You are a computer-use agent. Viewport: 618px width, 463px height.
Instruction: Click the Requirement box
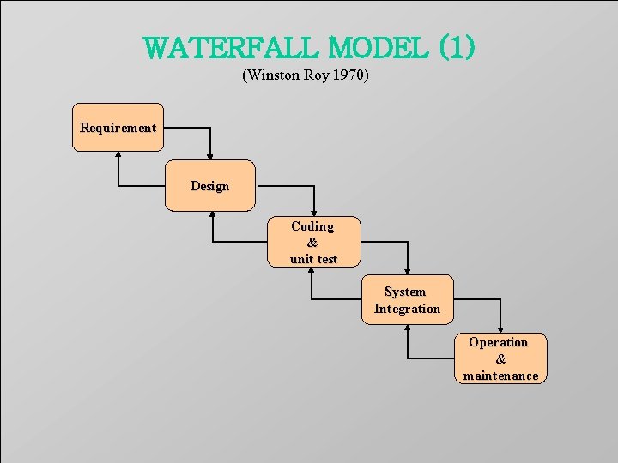click(x=118, y=128)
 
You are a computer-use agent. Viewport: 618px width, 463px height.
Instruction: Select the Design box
click(x=210, y=185)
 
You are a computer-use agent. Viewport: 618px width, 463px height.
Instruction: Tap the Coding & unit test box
click(x=313, y=242)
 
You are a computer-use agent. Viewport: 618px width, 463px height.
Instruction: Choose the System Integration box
click(x=407, y=300)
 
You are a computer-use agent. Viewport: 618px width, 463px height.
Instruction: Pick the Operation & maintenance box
click(x=500, y=358)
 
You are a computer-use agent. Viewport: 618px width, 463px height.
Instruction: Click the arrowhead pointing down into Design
click(x=210, y=156)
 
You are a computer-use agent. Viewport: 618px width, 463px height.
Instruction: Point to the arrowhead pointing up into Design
click(x=211, y=215)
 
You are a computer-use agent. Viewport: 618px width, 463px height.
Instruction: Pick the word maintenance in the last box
click(x=500, y=376)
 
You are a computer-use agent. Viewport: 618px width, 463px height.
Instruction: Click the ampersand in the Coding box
click(x=312, y=243)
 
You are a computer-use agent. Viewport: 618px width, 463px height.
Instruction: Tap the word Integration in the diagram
click(x=407, y=309)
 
